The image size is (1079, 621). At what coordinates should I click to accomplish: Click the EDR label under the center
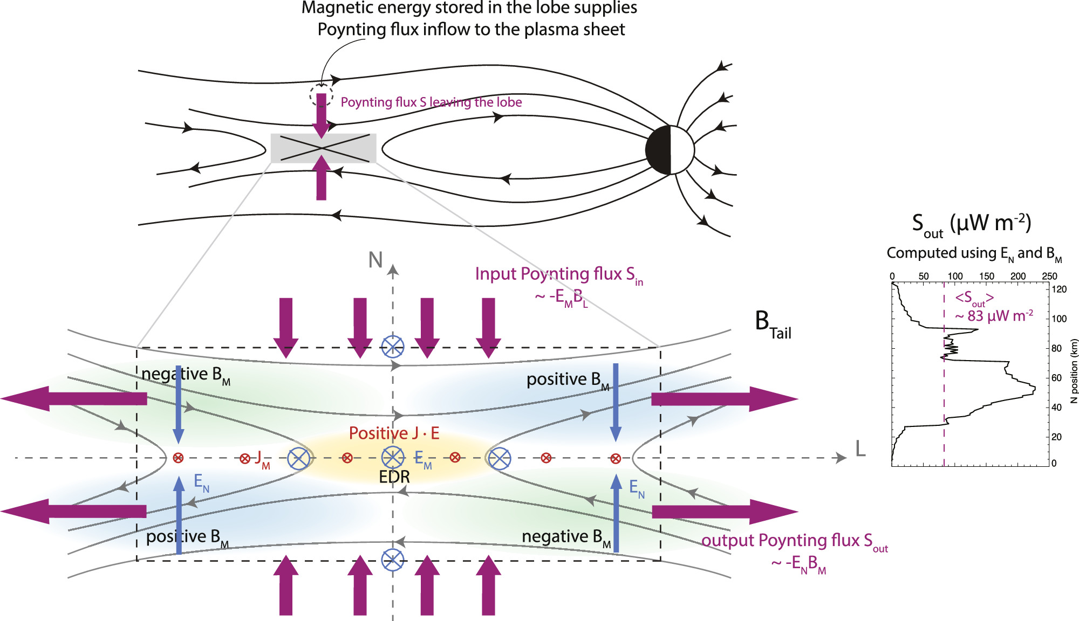pyautogui.click(x=394, y=477)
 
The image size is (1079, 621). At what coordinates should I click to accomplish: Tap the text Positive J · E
pyautogui.click(x=394, y=433)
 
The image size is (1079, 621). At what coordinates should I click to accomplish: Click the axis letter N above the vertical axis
pyautogui.click(x=375, y=260)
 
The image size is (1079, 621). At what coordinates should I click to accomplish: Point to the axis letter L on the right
pyautogui.click(x=861, y=448)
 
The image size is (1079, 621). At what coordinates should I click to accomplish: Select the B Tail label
pyautogui.click(x=773, y=325)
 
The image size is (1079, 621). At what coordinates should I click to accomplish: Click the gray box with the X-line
pyautogui.click(x=323, y=148)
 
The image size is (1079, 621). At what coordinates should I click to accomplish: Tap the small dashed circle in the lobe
pyautogui.click(x=320, y=95)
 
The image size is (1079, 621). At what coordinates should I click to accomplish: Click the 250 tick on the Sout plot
pyautogui.click(x=1049, y=277)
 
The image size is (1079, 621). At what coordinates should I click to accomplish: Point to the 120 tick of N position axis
pyautogui.click(x=1059, y=289)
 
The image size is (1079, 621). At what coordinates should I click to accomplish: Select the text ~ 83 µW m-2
pyautogui.click(x=994, y=316)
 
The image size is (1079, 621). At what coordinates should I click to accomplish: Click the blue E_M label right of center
pyautogui.click(x=422, y=459)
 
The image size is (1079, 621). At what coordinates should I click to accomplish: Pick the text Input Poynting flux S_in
pyautogui.click(x=558, y=275)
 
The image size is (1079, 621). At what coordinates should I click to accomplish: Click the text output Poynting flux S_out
pyautogui.click(x=794, y=541)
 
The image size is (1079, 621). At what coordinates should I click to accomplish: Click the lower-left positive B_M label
pyautogui.click(x=187, y=537)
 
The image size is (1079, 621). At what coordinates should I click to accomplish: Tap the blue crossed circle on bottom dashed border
pyautogui.click(x=392, y=560)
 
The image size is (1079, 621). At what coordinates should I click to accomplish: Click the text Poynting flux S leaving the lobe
pyautogui.click(x=431, y=102)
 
